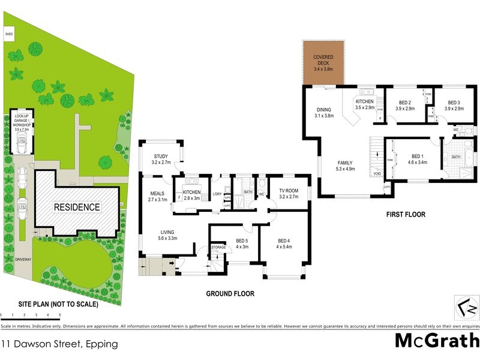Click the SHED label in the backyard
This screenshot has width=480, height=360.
(9, 35)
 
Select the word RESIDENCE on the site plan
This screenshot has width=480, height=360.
(77, 207)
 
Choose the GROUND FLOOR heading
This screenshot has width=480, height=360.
(230, 294)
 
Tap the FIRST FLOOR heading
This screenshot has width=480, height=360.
(406, 214)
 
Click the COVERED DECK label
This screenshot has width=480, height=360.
(323, 63)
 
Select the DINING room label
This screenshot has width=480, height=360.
(323, 112)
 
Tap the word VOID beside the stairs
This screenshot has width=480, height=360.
(377, 174)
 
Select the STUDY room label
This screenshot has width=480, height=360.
(161, 158)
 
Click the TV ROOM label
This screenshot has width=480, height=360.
(289, 192)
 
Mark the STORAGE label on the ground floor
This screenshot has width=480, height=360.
(218, 247)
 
